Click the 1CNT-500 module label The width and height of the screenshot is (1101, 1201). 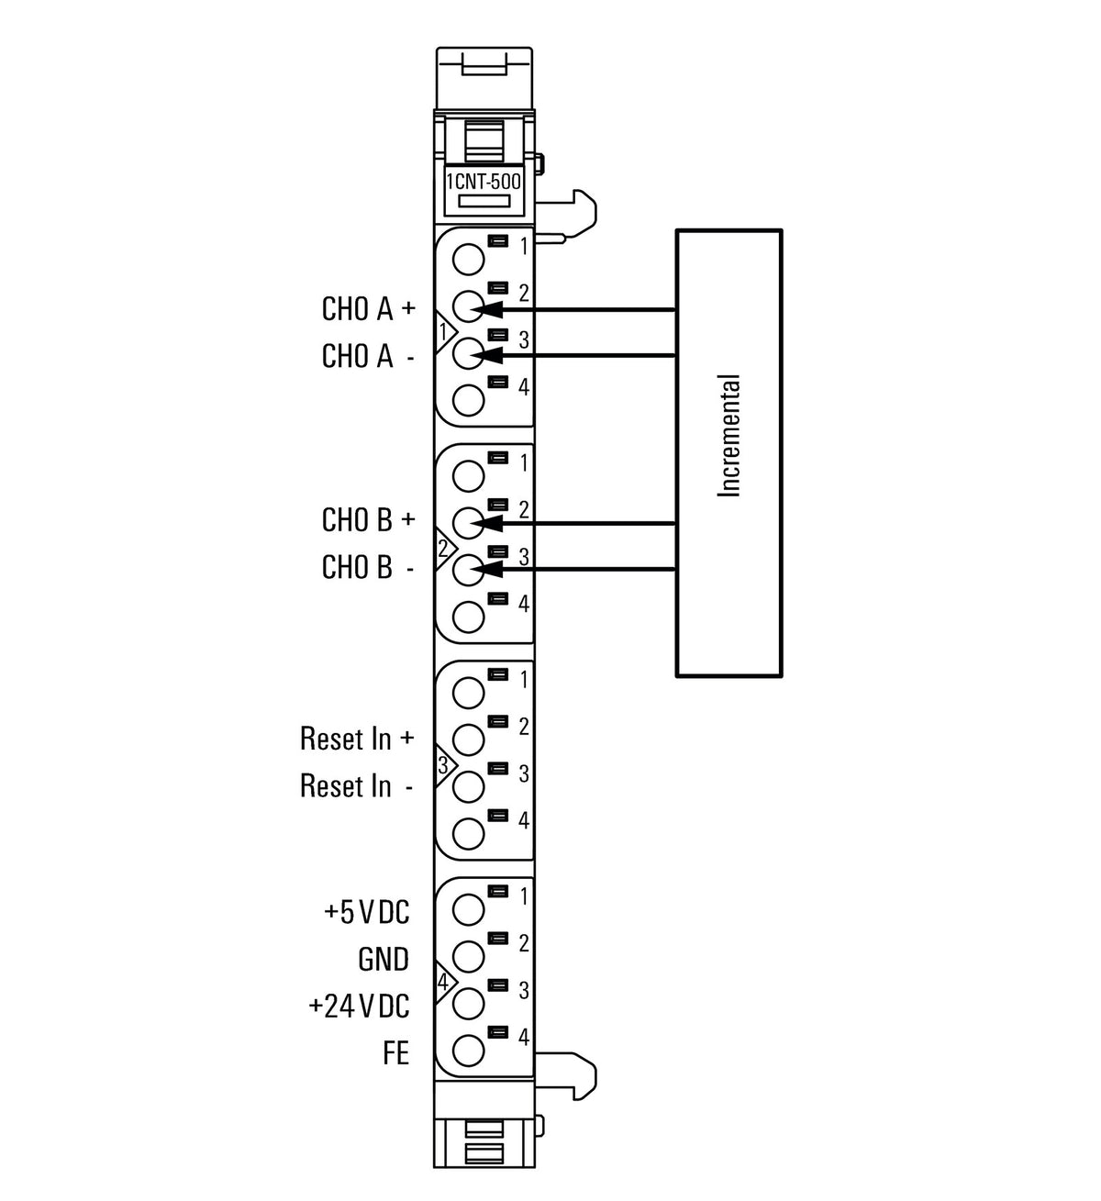pyautogui.click(x=484, y=182)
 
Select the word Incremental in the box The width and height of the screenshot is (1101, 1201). pyautogui.click(x=728, y=435)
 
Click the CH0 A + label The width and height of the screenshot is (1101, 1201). pyautogui.click(x=368, y=308)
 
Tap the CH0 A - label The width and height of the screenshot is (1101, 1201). pyautogui.click(x=368, y=356)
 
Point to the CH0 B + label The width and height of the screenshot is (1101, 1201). pyautogui.click(x=368, y=519)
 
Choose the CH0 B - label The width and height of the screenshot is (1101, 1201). pyautogui.click(x=368, y=566)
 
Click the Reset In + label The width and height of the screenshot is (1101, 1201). pyautogui.click(x=357, y=739)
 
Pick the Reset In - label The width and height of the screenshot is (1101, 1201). pyautogui.click(x=357, y=785)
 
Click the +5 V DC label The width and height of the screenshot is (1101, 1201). pyautogui.click(x=366, y=912)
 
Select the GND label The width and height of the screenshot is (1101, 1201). pyautogui.click(x=384, y=959)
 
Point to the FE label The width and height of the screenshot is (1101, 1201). pyautogui.click(x=395, y=1053)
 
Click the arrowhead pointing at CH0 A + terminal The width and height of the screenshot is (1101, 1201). pyautogui.click(x=487, y=309)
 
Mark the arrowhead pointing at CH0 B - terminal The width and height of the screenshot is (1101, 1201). pyautogui.click(x=487, y=569)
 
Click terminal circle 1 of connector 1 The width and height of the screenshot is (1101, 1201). pyautogui.click(x=468, y=260)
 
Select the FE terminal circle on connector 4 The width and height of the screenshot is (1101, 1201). pyautogui.click(x=468, y=1051)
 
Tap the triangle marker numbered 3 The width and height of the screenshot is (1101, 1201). pyautogui.click(x=445, y=764)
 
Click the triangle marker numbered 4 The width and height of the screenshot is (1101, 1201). pyautogui.click(x=445, y=982)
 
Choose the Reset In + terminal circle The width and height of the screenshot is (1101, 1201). pyautogui.click(x=468, y=740)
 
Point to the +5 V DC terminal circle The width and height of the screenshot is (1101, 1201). pyautogui.click(x=468, y=909)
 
